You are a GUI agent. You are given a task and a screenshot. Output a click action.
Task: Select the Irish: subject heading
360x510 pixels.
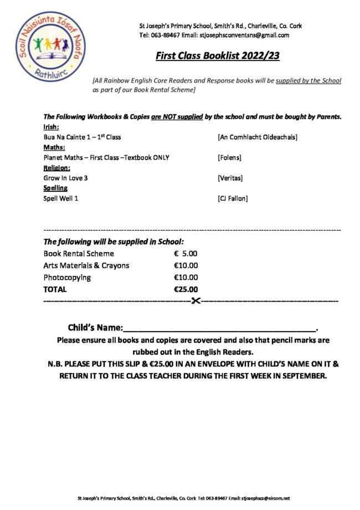[51, 127]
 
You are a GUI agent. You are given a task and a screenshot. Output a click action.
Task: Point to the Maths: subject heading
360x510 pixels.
[54, 147]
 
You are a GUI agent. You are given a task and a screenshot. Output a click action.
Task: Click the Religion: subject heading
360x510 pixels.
[56, 168]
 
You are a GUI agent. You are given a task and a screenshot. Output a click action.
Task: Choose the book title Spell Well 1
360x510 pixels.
[61, 198]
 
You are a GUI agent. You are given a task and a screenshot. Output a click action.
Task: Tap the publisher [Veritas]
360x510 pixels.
[230, 178]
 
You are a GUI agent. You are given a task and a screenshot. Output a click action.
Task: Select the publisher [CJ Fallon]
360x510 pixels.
[233, 198]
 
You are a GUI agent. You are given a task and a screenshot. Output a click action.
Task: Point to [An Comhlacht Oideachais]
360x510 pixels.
[258, 137]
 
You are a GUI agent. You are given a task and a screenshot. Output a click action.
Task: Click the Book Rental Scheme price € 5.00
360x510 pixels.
[186, 254]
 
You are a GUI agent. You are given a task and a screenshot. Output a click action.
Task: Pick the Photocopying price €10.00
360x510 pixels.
[186, 277]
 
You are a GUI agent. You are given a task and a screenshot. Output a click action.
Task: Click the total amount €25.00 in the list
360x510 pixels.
[186, 289]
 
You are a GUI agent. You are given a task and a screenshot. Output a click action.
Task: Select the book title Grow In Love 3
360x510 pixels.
[66, 178]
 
